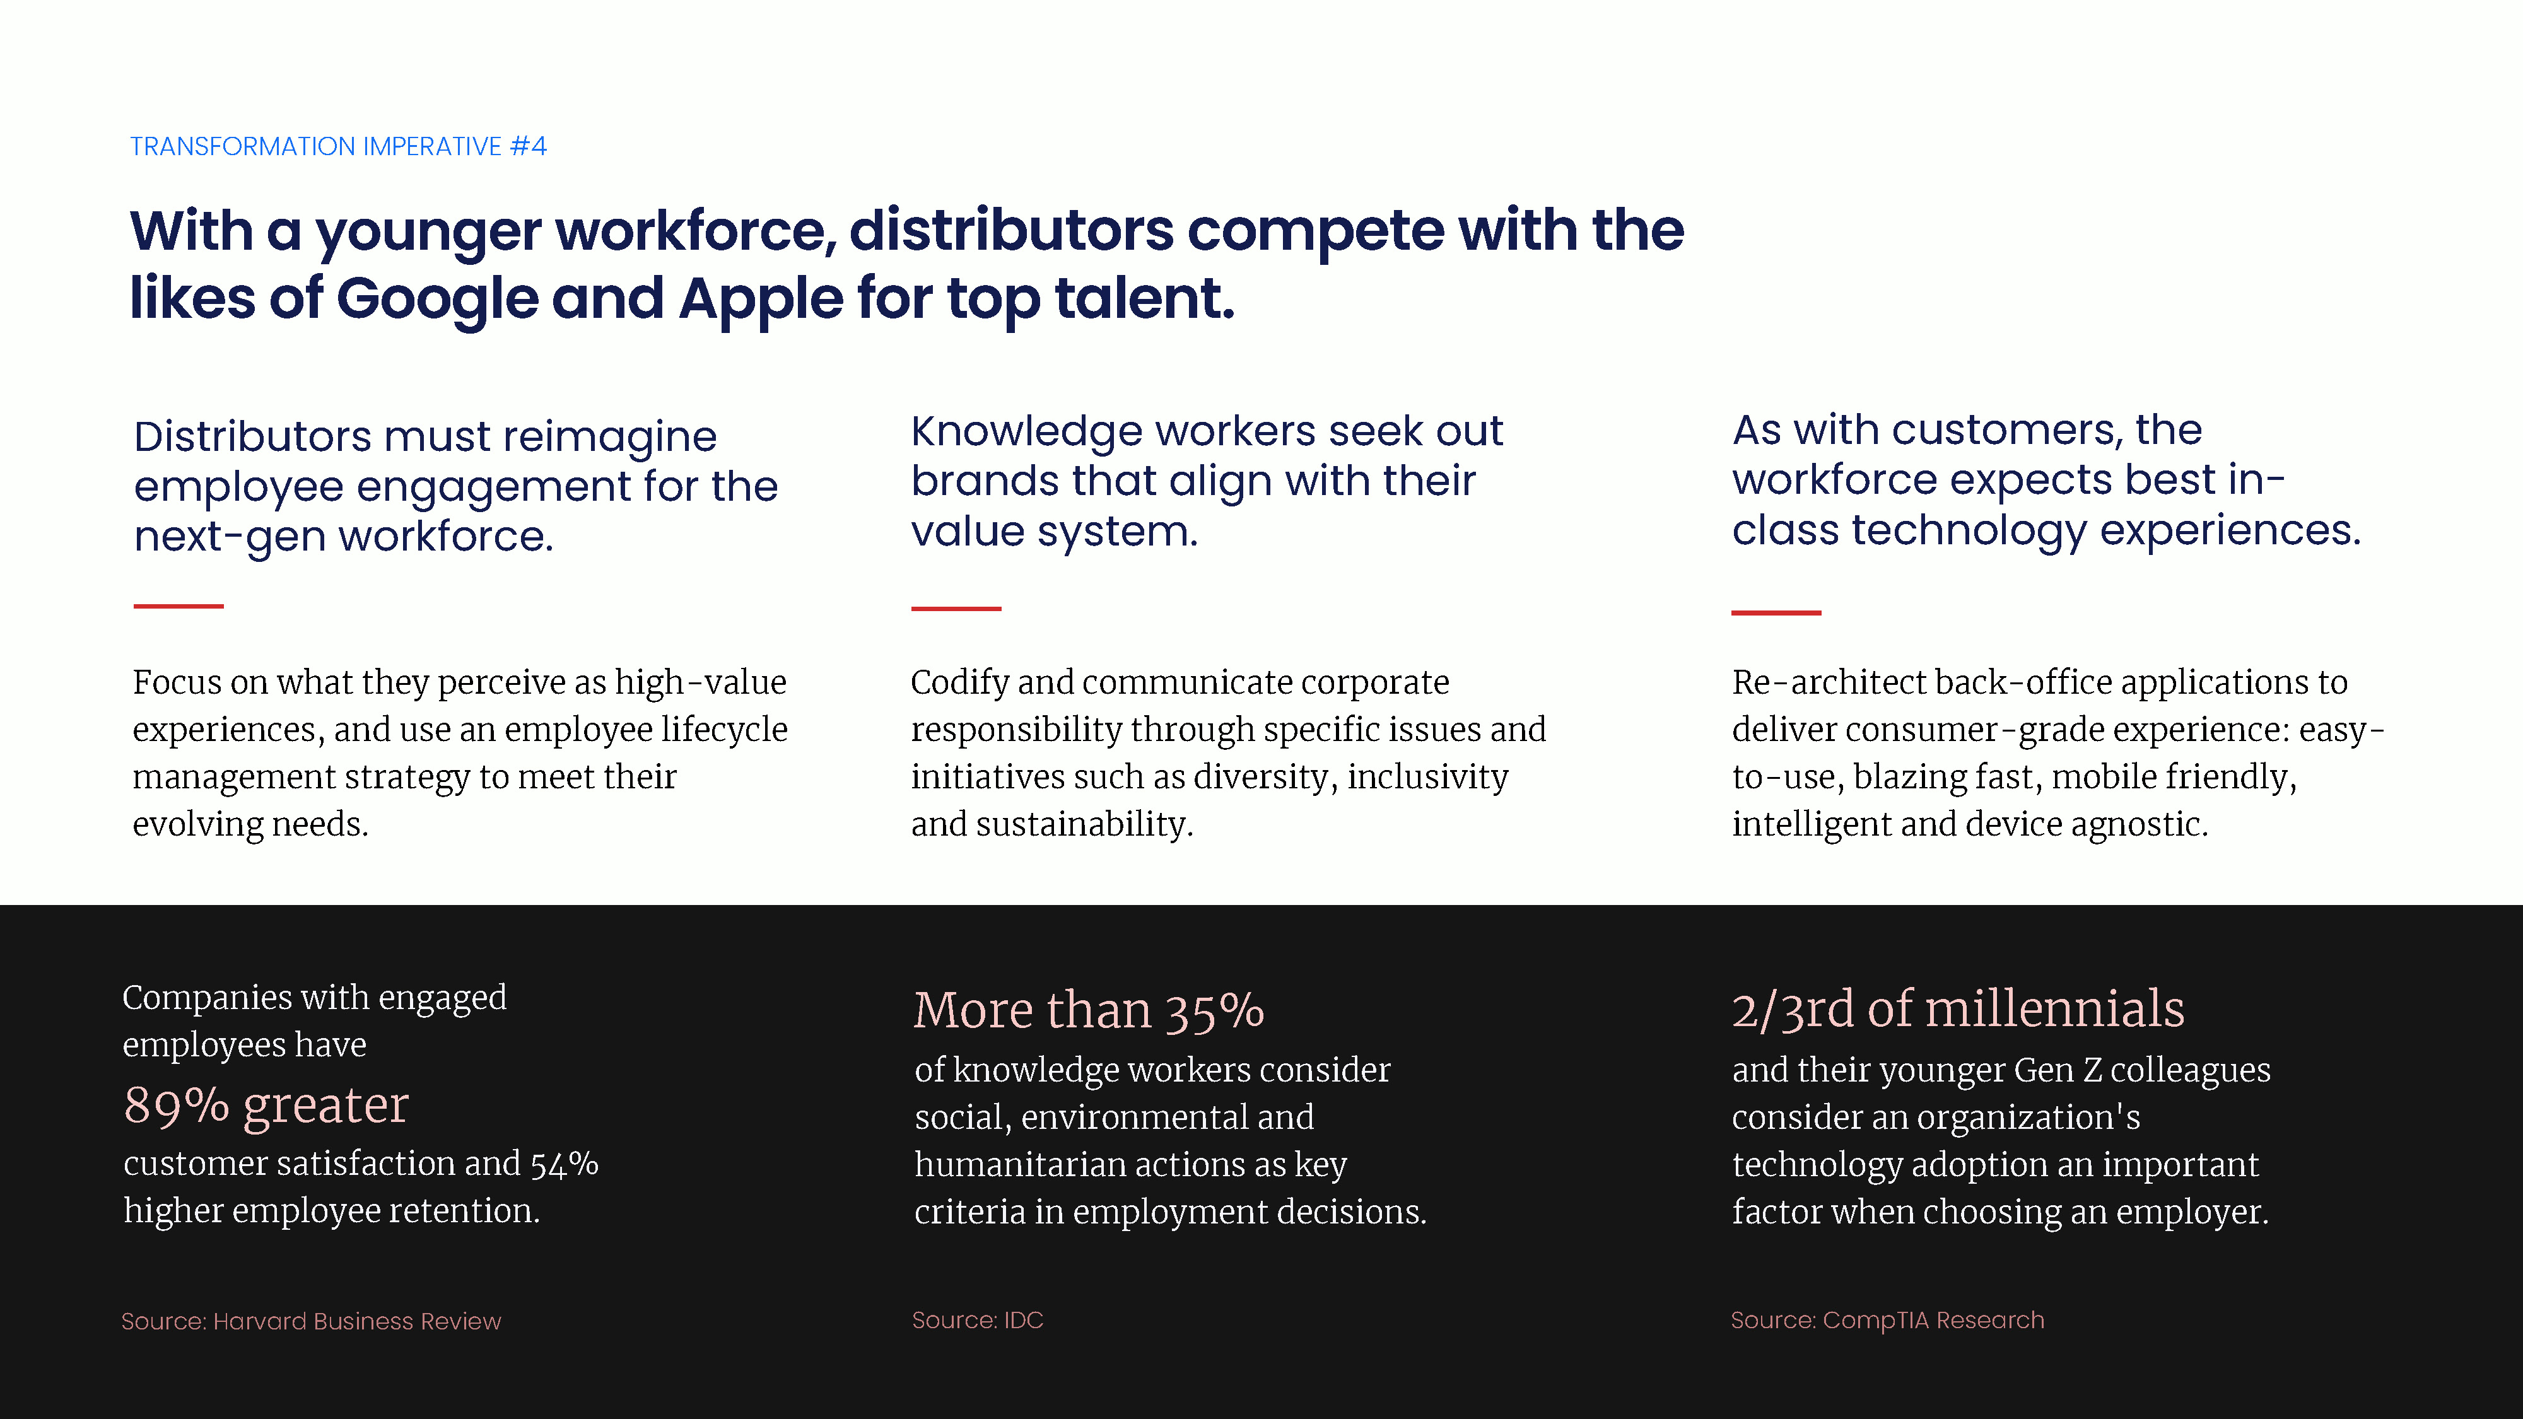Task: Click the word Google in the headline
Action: click(x=437, y=300)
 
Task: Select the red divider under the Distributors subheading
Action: click(x=179, y=606)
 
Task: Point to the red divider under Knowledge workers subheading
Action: click(x=956, y=608)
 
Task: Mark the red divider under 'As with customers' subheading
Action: click(x=1776, y=612)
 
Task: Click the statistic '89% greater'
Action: click(x=266, y=1106)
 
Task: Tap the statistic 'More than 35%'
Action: click(x=1088, y=1010)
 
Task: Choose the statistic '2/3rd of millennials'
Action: click(x=1958, y=1008)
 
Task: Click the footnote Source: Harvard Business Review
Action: click(x=312, y=1321)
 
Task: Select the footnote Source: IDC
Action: click(x=978, y=1320)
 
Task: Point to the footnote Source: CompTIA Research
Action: click(x=1887, y=1320)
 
